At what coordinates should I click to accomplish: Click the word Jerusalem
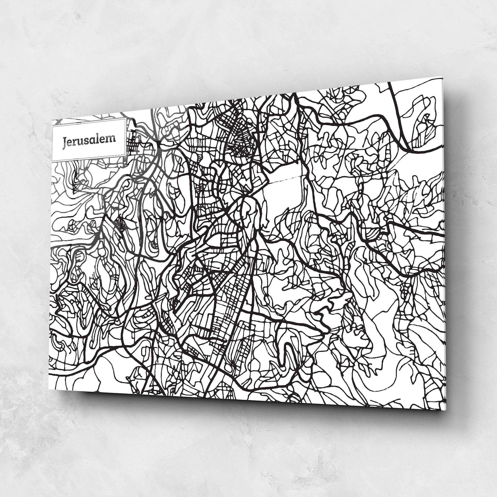pos(89,140)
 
